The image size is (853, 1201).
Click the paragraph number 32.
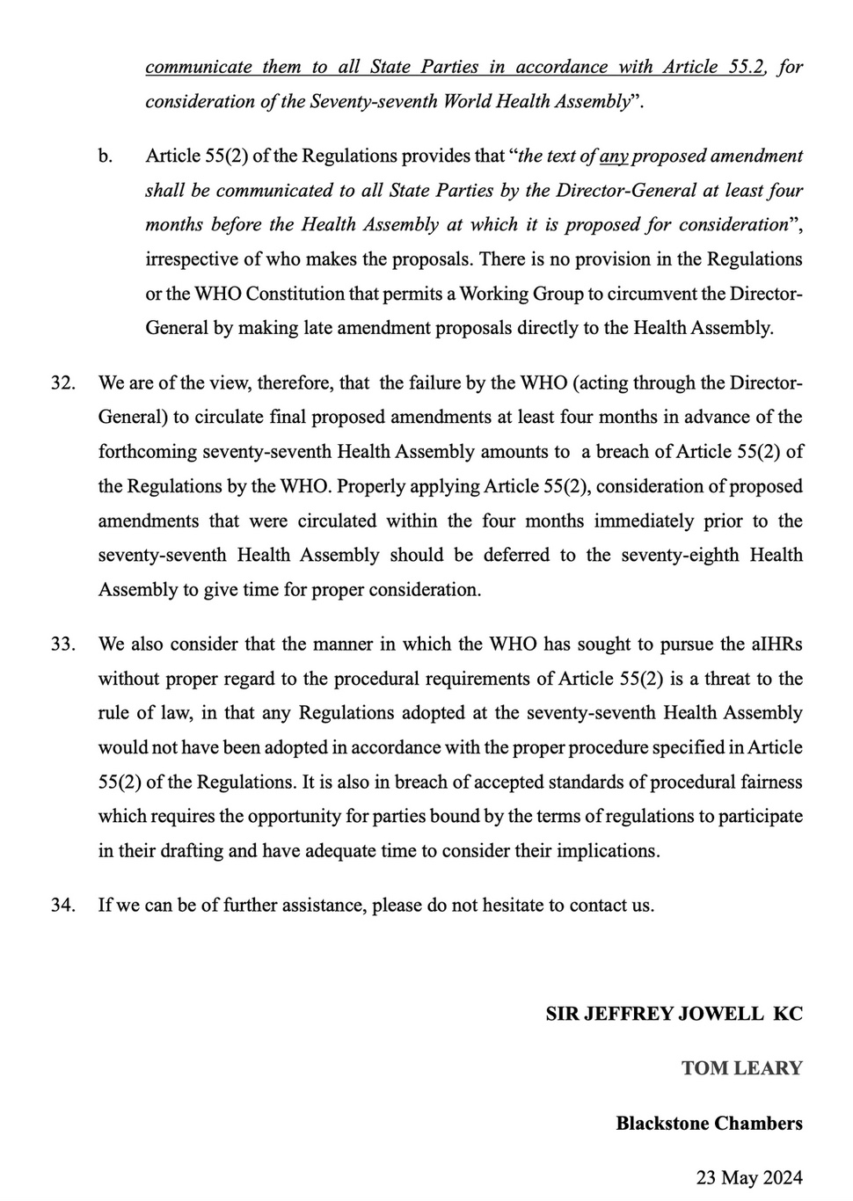click(x=62, y=383)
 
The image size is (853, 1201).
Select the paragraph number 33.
click(x=62, y=644)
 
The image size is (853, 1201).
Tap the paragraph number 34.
click(x=62, y=905)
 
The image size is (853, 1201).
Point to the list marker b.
click(x=106, y=156)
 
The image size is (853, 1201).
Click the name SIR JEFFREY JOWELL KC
click(x=674, y=1014)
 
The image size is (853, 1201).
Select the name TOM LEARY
click(x=741, y=1068)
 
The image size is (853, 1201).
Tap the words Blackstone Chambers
click(x=709, y=1123)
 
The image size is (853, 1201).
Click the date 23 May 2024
click(x=749, y=1177)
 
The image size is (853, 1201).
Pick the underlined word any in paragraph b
click(x=613, y=156)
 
